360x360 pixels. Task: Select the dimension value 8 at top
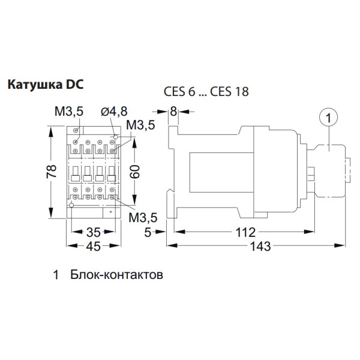tap(173, 111)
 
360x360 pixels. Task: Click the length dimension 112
tap(245, 232)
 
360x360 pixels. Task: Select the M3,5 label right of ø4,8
tap(142, 125)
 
